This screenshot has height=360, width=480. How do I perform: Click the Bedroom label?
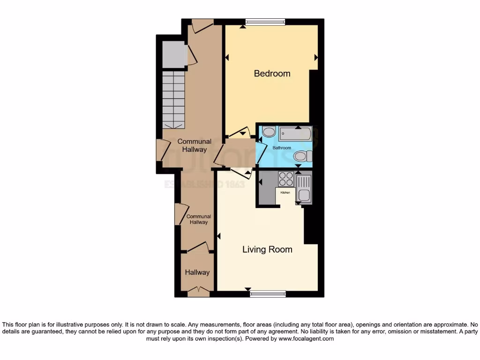point(272,74)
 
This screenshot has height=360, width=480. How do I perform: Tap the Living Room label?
point(267,249)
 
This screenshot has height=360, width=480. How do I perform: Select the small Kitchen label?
point(285,193)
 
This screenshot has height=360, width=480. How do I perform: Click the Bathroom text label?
point(282,148)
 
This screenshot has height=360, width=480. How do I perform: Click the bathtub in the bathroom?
point(295,135)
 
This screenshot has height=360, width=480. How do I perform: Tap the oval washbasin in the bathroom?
point(269,132)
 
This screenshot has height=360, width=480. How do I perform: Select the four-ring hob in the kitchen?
point(286,179)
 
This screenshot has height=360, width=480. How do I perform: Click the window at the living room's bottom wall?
point(268,294)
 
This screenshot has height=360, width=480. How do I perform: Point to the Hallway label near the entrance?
point(197,272)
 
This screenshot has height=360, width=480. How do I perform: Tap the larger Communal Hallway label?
point(194,145)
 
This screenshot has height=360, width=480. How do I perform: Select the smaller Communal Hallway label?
point(199,219)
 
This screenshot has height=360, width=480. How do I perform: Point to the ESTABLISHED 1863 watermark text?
point(204,184)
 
